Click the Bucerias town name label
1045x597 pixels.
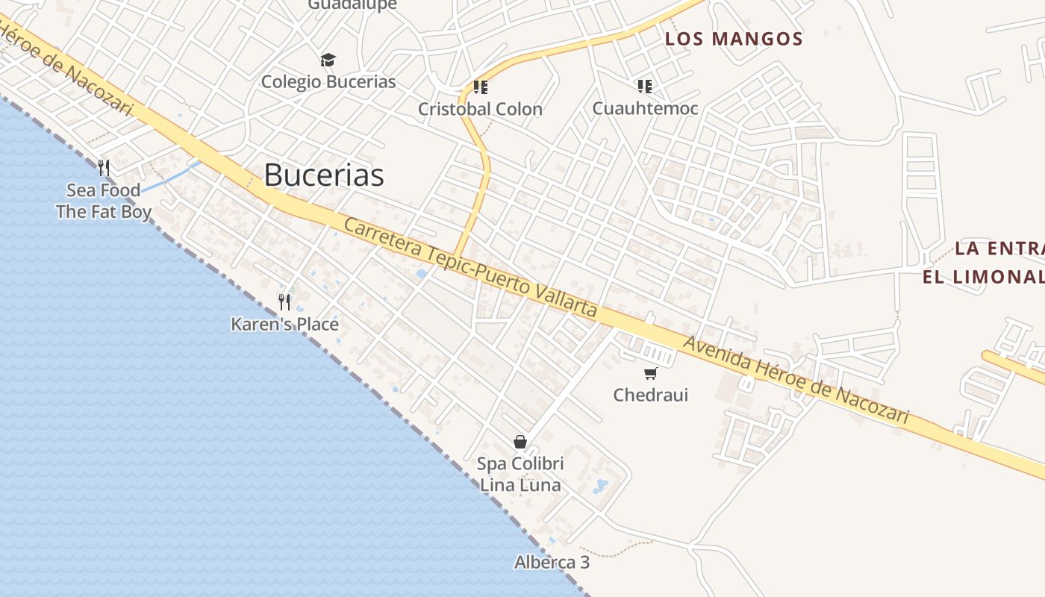(x=324, y=175)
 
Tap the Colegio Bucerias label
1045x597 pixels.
(x=328, y=81)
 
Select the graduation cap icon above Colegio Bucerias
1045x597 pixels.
(x=328, y=60)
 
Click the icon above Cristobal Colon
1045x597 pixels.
(x=481, y=87)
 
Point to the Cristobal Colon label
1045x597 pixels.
(x=480, y=109)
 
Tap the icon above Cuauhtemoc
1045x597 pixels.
(x=645, y=87)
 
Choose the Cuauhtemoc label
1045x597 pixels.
(x=645, y=108)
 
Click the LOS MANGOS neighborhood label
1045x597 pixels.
(x=734, y=39)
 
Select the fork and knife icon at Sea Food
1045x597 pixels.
(x=104, y=168)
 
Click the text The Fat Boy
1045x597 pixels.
(x=104, y=212)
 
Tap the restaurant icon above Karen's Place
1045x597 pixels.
(x=284, y=301)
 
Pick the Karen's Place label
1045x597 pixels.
(x=284, y=324)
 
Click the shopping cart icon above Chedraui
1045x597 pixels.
(x=651, y=373)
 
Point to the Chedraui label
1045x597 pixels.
(x=651, y=395)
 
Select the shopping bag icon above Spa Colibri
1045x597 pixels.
(x=520, y=442)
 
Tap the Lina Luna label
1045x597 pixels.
(x=520, y=485)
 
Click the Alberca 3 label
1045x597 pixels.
(x=552, y=562)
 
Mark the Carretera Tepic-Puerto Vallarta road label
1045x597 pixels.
(x=470, y=266)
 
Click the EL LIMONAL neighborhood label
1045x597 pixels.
(x=982, y=277)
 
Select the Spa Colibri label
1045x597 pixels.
(x=520, y=463)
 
